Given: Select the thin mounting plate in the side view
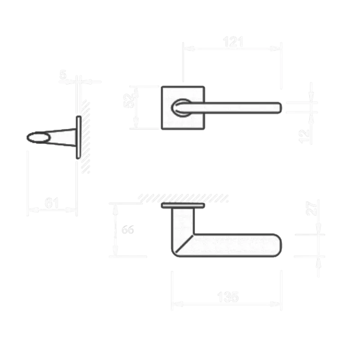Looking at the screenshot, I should coord(79,137).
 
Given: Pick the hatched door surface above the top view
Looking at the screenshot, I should coord(184,197).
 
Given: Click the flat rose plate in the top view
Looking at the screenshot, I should coord(182,206).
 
